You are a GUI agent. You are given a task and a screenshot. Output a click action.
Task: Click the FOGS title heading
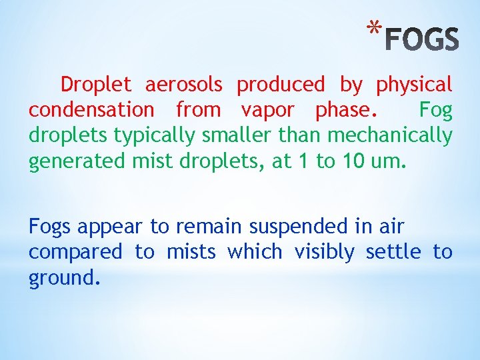click(x=423, y=39)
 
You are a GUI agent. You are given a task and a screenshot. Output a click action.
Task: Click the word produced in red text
click(x=281, y=85)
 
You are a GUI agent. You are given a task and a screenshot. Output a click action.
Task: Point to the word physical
click(x=414, y=85)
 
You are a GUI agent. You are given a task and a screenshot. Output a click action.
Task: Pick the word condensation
click(x=91, y=110)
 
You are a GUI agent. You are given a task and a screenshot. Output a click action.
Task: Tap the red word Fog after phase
click(x=436, y=111)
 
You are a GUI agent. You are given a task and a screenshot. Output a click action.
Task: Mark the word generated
click(x=67, y=162)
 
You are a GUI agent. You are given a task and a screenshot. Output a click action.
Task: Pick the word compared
click(x=75, y=253)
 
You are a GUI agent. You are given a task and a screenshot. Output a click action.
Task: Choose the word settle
click(x=393, y=252)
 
